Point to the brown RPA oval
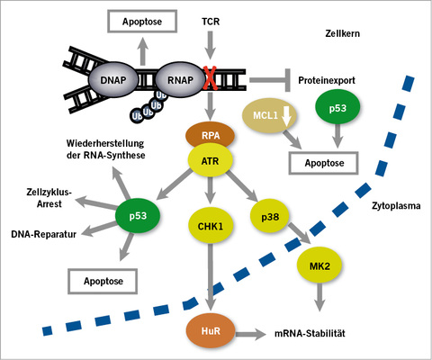210,136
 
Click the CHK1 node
210,220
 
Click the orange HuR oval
210,329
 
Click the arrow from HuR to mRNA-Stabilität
255,331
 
